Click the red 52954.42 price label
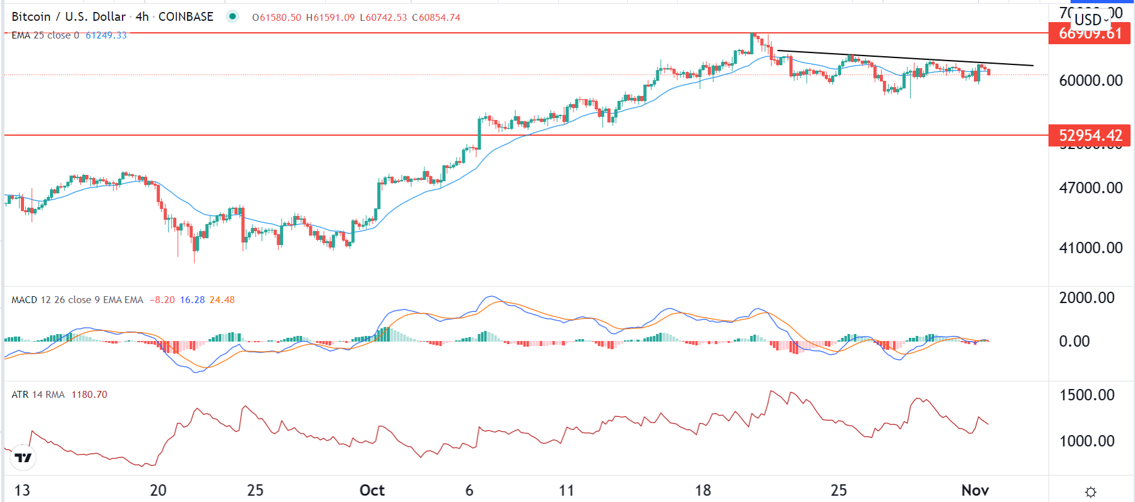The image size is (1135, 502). click(x=1090, y=136)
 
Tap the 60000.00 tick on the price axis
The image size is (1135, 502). click(x=1090, y=81)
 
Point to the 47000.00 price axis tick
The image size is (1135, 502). click(x=1090, y=188)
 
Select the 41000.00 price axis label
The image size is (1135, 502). click(x=1090, y=248)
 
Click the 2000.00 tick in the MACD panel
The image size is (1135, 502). click(x=1086, y=298)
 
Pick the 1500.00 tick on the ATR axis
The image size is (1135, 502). click(x=1086, y=395)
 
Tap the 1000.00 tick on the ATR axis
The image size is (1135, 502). click(x=1086, y=441)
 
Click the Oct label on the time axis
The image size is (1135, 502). click(x=372, y=491)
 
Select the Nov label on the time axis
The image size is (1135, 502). click(x=975, y=491)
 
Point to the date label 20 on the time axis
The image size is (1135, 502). click(x=158, y=491)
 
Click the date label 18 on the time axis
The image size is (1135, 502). click(x=702, y=491)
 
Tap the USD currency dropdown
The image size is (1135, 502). click(x=1091, y=20)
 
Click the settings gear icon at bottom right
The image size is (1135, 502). click(x=1091, y=492)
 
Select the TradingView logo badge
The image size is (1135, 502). click(x=23, y=458)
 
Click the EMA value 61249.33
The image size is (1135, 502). click(x=106, y=35)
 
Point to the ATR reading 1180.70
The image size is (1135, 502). click(x=89, y=395)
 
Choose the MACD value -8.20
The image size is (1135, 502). click(x=162, y=300)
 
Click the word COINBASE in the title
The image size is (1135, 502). click(x=186, y=17)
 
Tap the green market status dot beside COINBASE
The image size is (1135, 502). click(x=232, y=16)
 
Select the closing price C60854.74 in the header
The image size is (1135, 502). click(x=436, y=18)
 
